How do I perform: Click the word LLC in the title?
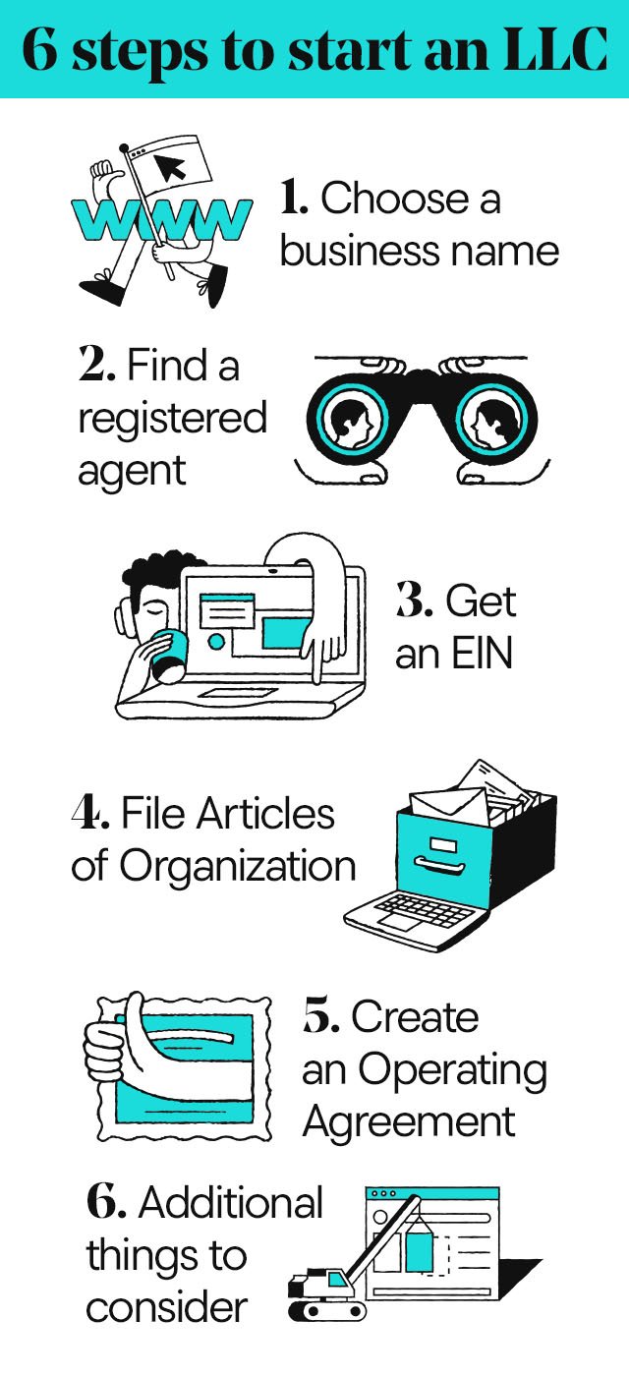[555, 49]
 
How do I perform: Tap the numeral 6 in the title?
[40, 50]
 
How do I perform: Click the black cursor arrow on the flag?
[170, 167]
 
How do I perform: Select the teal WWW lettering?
[161, 219]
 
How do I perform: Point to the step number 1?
[293, 198]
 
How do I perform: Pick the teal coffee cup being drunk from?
[168, 656]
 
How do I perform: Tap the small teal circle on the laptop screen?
[216, 641]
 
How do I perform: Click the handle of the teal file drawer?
[439, 865]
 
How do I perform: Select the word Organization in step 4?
[237, 867]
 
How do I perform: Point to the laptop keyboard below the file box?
[425, 909]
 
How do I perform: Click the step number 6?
[106, 1201]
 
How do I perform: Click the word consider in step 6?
[166, 1308]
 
